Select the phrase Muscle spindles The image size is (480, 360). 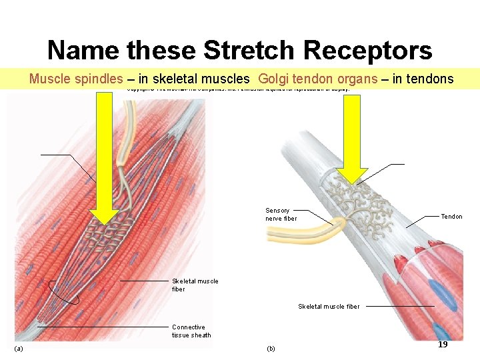coord(76,79)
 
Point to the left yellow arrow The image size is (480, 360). coord(104,160)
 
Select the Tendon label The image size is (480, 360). coord(451,217)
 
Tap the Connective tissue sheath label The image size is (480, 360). coord(191,331)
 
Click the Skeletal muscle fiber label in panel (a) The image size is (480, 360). coord(195,285)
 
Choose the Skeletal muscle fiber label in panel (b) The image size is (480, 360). coord(329,307)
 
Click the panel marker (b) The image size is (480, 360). coord(271,349)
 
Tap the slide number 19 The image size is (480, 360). coord(442,345)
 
